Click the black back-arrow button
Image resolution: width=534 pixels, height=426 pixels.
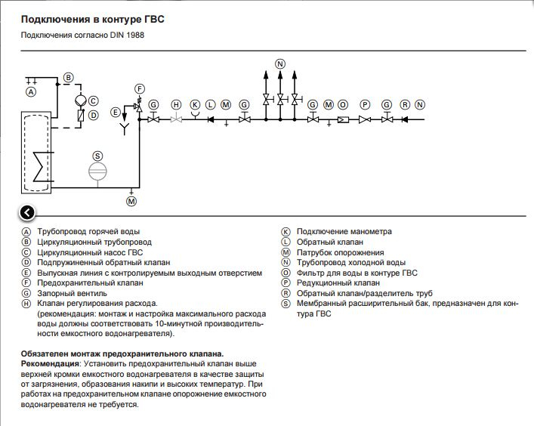point(27,213)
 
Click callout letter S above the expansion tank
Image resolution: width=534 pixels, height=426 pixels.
point(97,156)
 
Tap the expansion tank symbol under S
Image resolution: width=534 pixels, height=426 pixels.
point(97,171)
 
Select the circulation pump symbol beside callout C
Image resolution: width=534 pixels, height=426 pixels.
point(81,100)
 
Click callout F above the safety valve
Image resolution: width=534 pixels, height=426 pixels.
point(140,89)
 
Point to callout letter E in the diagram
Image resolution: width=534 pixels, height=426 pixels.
point(115,113)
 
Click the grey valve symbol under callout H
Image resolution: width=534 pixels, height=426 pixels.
point(176,119)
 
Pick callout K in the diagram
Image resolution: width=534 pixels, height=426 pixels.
point(195,104)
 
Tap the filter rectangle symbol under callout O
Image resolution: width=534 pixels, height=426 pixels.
point(343,120)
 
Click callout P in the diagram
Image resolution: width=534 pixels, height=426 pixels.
point(365,104)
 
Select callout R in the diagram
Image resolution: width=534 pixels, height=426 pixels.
point(405,104)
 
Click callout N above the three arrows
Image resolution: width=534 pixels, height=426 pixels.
point(280,64)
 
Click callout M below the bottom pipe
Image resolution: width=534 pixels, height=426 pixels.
point(131,201)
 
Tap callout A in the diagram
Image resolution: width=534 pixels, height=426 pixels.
point(31,92)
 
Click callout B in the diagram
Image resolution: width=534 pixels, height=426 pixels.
point(69,78)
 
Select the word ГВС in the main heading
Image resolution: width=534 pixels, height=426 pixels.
point(155,20)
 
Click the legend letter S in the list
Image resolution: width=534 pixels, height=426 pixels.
point(286,304)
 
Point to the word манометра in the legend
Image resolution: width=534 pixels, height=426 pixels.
point(370,232)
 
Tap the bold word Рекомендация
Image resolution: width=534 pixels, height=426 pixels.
point(50,364)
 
